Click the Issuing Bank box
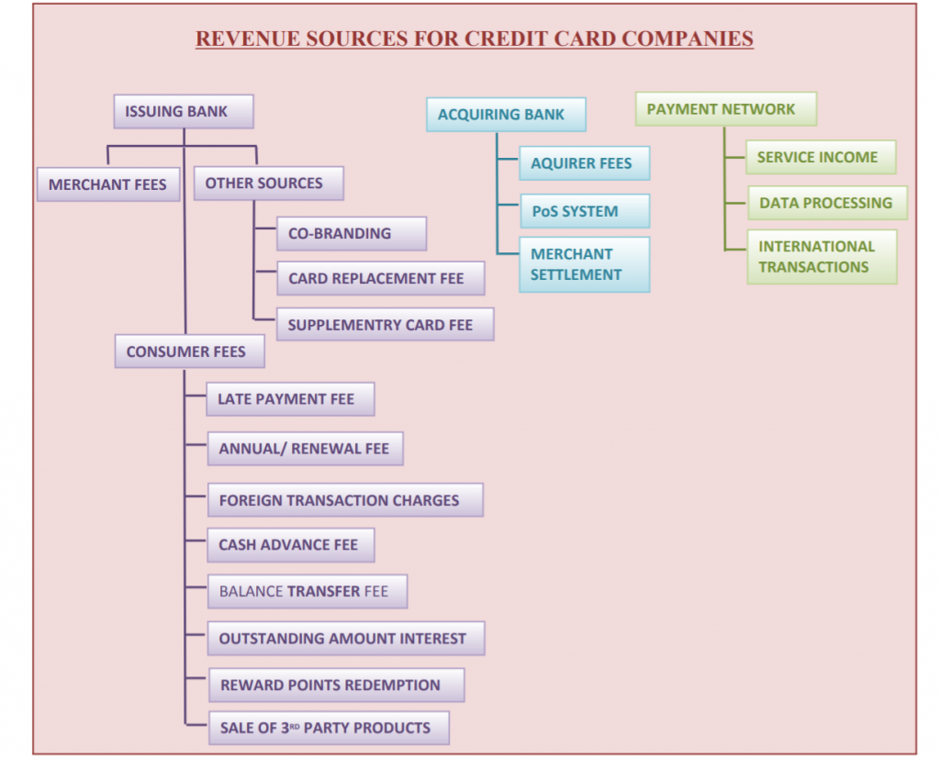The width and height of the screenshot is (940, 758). [183, 112]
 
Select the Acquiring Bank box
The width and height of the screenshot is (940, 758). [506, 115]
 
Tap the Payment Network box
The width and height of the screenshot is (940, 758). [725, 109]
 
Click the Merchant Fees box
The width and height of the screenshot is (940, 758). [107, 184]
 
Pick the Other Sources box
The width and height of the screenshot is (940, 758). [268, 183]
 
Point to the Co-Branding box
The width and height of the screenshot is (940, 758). [351, 233]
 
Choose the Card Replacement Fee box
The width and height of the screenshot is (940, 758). [380, 278]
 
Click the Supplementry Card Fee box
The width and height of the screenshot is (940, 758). [385, 325]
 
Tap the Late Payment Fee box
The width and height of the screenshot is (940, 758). [290, 399]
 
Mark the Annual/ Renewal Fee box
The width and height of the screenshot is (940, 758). [305, 449]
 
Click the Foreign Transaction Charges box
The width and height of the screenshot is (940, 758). [345, 500]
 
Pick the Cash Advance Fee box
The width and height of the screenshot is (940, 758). [290, 545]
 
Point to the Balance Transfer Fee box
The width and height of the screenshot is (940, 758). [307, 592]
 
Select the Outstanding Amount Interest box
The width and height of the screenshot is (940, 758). [346, 639]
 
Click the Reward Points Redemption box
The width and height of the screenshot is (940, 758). [335, 685]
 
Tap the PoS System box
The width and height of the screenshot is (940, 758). [584, 211]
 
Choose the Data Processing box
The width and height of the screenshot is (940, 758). [826, 203]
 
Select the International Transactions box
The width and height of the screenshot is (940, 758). [821, 257]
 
